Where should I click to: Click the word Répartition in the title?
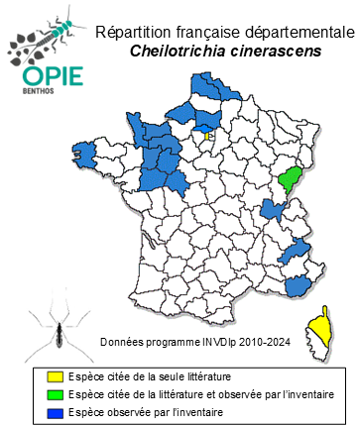135,33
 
